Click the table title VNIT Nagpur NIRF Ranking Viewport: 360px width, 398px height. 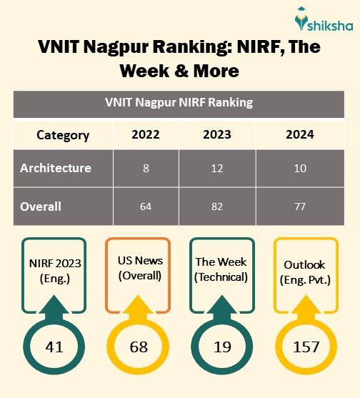(179, 102)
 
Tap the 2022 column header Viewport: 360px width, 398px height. (146, 135)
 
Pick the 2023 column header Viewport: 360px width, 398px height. (216, 135)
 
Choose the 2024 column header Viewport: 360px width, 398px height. (299, 135)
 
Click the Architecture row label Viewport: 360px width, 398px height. (56, 169)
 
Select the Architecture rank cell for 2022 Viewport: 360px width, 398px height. (146, 169)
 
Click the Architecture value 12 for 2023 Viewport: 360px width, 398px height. (216, 169)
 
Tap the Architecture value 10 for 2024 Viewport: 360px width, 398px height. (299, 169)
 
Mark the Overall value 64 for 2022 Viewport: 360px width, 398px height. (146, 207)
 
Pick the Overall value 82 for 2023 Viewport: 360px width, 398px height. (216, 207)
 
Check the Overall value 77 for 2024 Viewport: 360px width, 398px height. (299, 207)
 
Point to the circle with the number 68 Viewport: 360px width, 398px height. (139, 348)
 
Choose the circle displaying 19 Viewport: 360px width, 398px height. (221, 348)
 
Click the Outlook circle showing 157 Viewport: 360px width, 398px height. (306, 348)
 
